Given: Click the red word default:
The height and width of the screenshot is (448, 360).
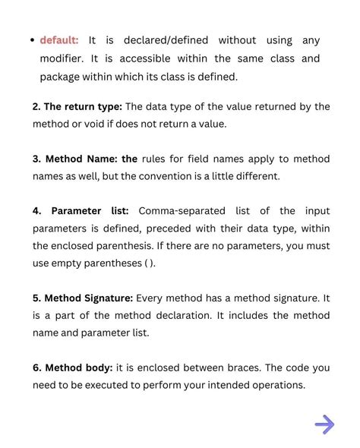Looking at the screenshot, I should click(x=59, y=40).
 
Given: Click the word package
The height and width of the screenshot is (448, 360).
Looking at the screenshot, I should click(x=62, y=77).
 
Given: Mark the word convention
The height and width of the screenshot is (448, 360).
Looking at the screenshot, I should click(x=207, y=176).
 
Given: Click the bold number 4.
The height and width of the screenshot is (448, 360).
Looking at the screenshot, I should click(x=36, y=211).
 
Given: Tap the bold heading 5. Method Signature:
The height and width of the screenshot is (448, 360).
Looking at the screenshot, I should click(x=83, y=298).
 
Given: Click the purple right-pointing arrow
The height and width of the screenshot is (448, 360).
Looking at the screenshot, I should click(x=324, y=424).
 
